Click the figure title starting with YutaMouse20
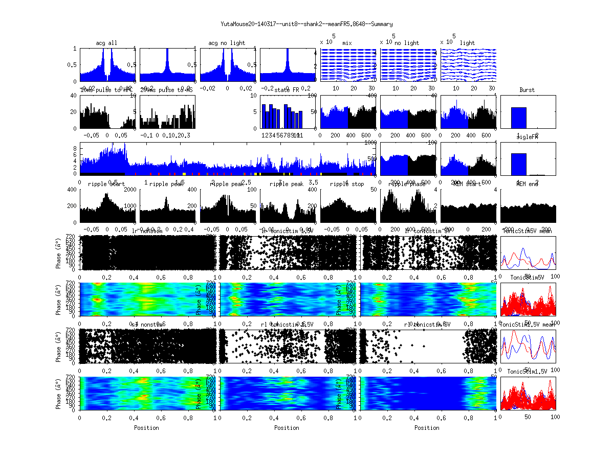pos(306,24)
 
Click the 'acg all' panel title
pos(106,43)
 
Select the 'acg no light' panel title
pos(227,43)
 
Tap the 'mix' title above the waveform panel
pos(348,43)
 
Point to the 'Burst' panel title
pos(527,90)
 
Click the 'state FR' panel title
pos(287,90)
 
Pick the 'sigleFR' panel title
pos(527,137)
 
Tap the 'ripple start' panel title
pos(103,184)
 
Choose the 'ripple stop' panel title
pos(347,184)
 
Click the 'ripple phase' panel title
pos(407,184)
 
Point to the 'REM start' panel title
pos(467,184)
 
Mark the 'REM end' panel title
pos(527,184)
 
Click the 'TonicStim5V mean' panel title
pos(528,231)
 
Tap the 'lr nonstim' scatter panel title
pos(148,231)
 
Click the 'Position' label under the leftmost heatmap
pos(146,427)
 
